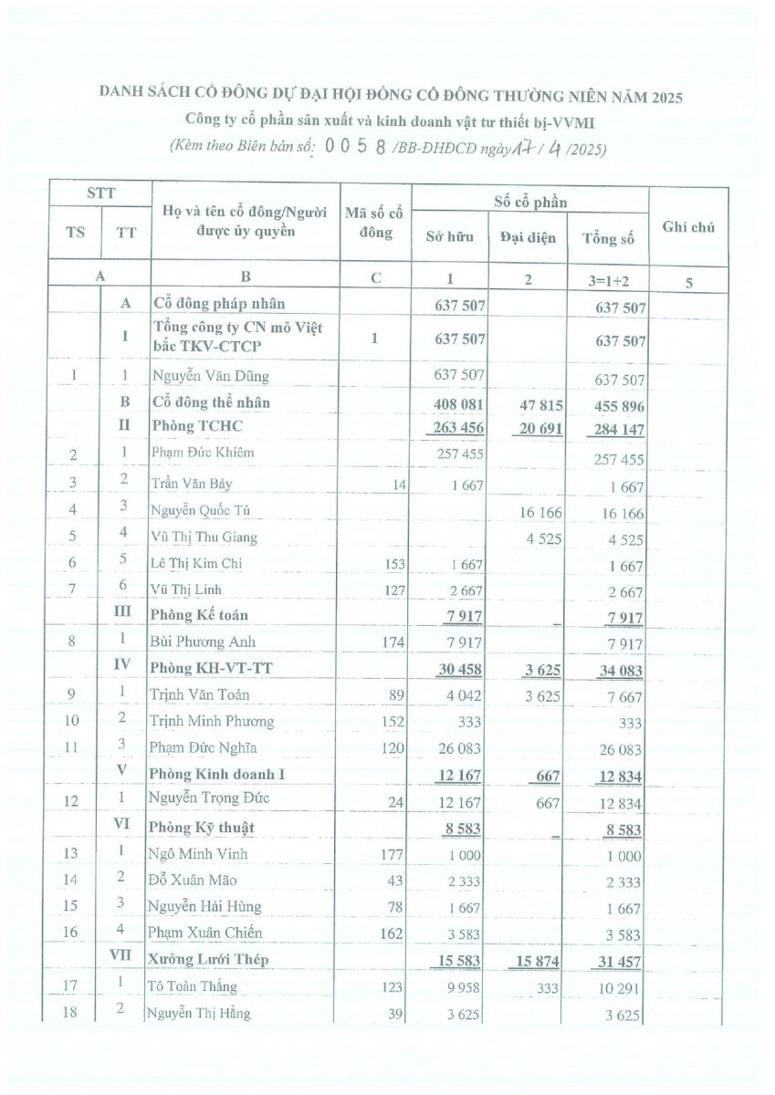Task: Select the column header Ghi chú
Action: (x=688, y=227)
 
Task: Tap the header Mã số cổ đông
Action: (x=374, y=224)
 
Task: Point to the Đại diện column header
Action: (x=528, y=238)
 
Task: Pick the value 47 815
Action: (x=541, y=404)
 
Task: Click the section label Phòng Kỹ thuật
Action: (x=202, y=828)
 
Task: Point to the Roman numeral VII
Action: (x=126, y=958)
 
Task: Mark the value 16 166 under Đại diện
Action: (x=541, y=513)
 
